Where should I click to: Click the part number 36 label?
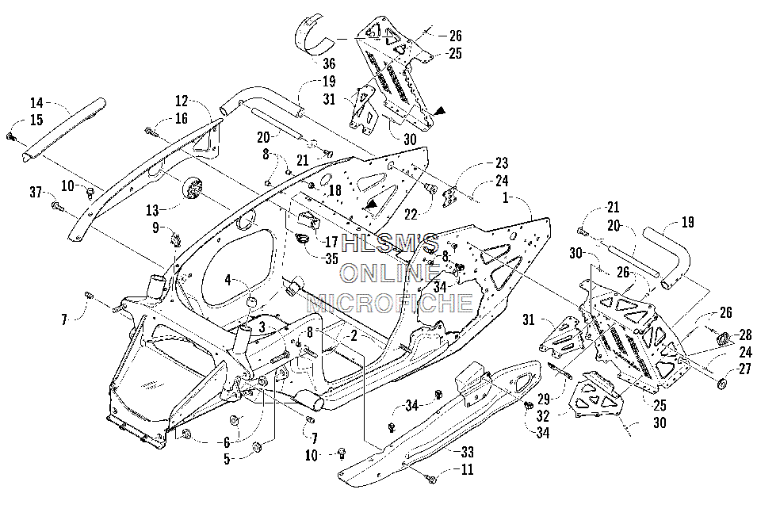329,63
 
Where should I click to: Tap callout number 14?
36,103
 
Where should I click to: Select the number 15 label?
36,120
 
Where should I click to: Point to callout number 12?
182,101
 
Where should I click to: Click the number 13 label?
153,210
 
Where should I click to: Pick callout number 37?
36,192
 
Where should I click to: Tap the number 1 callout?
506,197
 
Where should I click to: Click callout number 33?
467,452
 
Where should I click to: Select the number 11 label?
467,469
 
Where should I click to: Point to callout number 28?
745,335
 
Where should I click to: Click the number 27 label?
744,369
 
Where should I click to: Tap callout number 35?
331,258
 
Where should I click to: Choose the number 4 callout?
227,280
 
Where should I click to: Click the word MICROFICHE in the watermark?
389,303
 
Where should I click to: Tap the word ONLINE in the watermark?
389,273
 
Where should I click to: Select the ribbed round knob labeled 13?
193,189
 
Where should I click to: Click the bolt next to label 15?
10,136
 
